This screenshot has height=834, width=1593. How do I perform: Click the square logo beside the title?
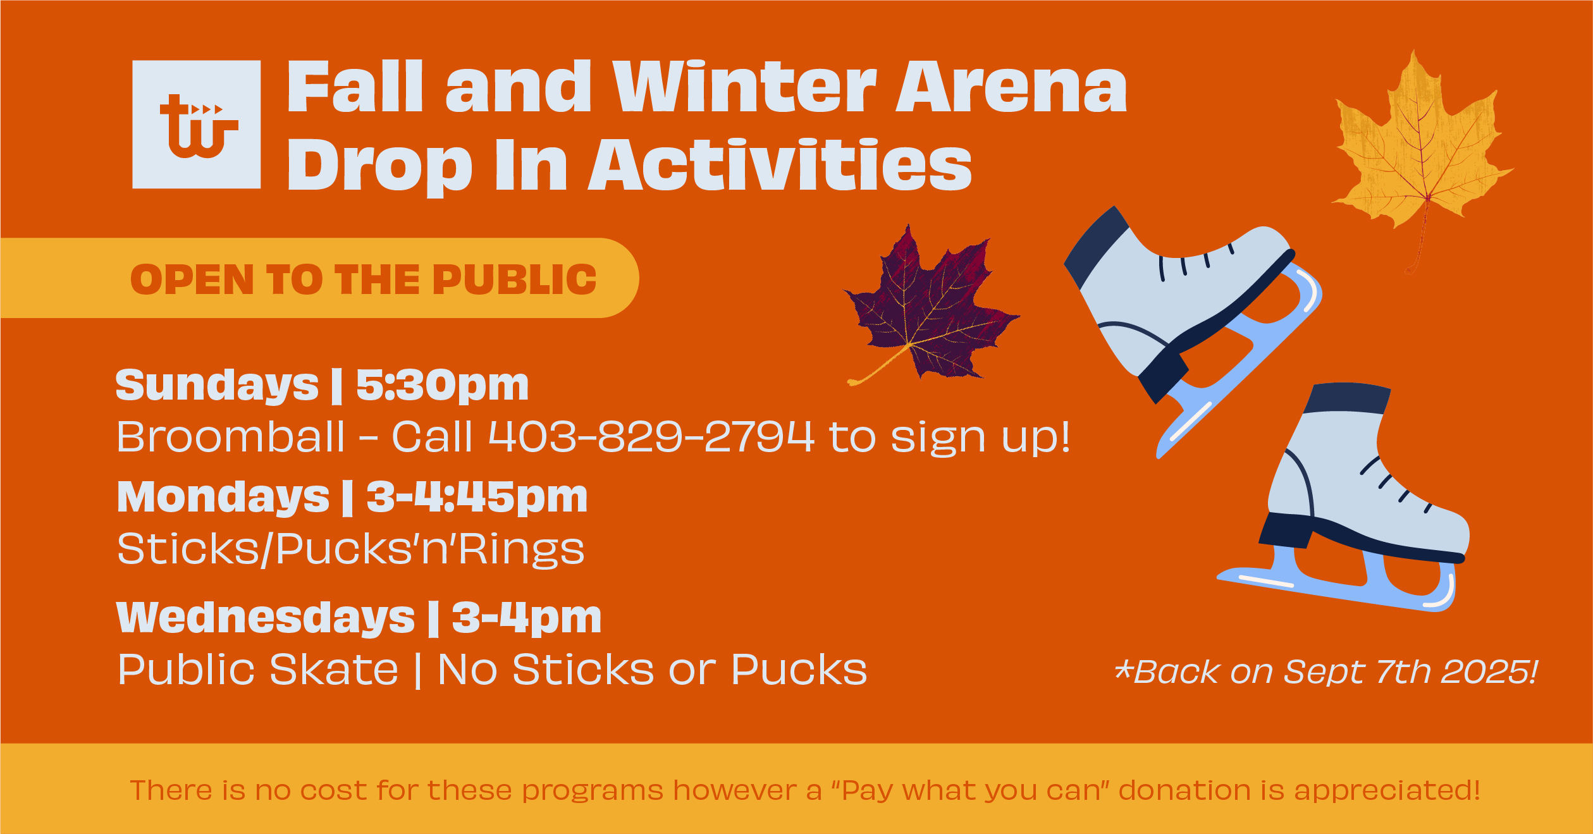point(196,125)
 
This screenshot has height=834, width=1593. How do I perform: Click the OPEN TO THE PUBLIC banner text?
point(363,279)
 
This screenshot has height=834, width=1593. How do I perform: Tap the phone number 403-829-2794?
point(651,436)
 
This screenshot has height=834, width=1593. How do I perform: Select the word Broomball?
point(231,436)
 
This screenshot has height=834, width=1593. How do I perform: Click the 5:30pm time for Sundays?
point(442,385)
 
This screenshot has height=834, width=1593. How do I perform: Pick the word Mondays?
point(223,497)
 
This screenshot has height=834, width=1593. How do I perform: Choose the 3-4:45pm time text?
point(477,497)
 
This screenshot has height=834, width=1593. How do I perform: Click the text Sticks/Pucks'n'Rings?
point(351,549)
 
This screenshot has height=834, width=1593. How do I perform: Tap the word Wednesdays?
point(266,617)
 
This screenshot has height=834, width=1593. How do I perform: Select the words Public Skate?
point(258,670)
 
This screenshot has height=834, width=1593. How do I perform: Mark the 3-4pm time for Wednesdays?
point(526,617)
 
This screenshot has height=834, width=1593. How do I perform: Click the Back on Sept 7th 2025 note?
point(1326,671)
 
